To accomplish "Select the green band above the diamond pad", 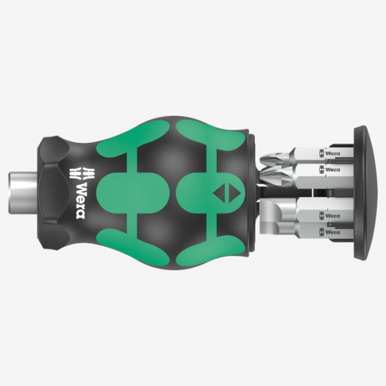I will click(x=206, y=132).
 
